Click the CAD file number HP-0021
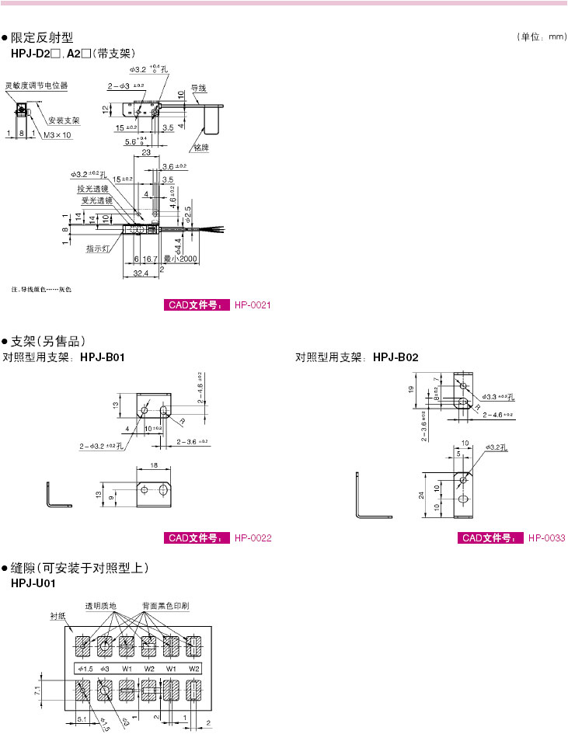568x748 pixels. click(x=252, y=305)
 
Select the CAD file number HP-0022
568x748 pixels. click(x=253, y=538)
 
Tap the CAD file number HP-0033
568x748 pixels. click(x=546, y=538)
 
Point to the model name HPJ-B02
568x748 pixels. click(x=396, y=357)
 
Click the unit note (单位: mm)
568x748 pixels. click(x=541, y=37)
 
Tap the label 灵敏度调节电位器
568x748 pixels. click(x=37, y=85)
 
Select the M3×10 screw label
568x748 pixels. click(x=57, y=134)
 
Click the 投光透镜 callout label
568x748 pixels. click(x=94, y=189)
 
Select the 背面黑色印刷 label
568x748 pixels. click(x=166, y=604)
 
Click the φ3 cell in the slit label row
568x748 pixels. click(x=106, y=669)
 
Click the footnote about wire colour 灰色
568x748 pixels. click(x=41, y=290)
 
